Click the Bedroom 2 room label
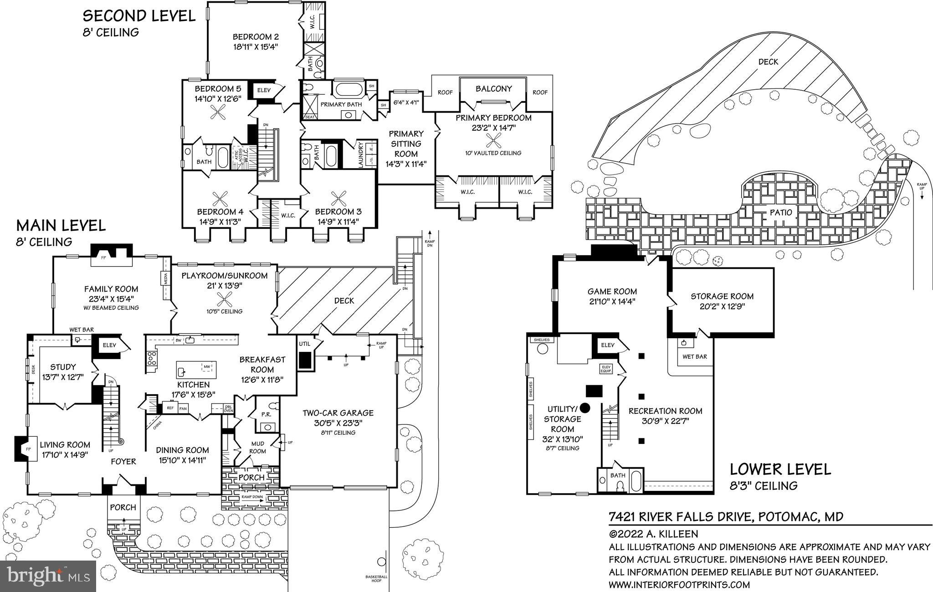(255, 37)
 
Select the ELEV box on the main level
(109, 345)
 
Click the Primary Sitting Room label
(405, 144)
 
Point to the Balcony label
(493, 89)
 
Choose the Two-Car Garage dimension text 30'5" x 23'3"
(338, 423)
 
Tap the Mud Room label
(257, 447)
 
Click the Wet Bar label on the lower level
(694, 356)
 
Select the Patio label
(781, 212)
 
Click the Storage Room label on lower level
(722, 296)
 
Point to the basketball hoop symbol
(381, 562)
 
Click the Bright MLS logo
(49, 576)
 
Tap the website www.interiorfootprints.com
(679, 585)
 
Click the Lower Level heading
(780, 469)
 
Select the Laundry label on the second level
(361, 155)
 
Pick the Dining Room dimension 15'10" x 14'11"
(182, 460)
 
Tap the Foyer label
(123, 462)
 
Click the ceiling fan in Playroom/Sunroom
(224, 299)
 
